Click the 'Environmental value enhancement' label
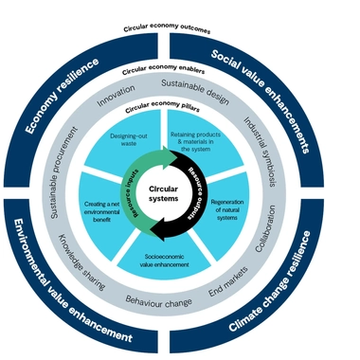coord(71,283)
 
